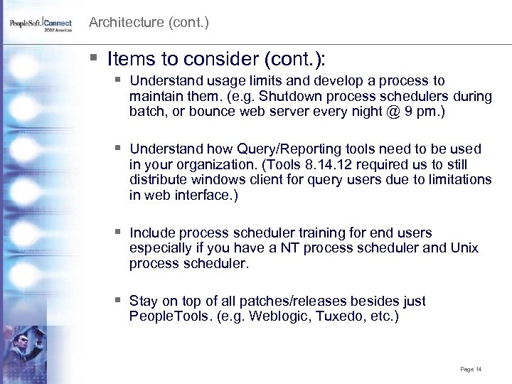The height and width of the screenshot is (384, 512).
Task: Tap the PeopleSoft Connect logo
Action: [x=41, y=25]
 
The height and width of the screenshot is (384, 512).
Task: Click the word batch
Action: [x=147, y=112]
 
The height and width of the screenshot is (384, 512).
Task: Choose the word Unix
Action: [x=464, y=248]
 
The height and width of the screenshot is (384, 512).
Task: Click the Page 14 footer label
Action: [x=471, y=369]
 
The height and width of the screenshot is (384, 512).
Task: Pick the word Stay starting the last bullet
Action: [x=144, y=301]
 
